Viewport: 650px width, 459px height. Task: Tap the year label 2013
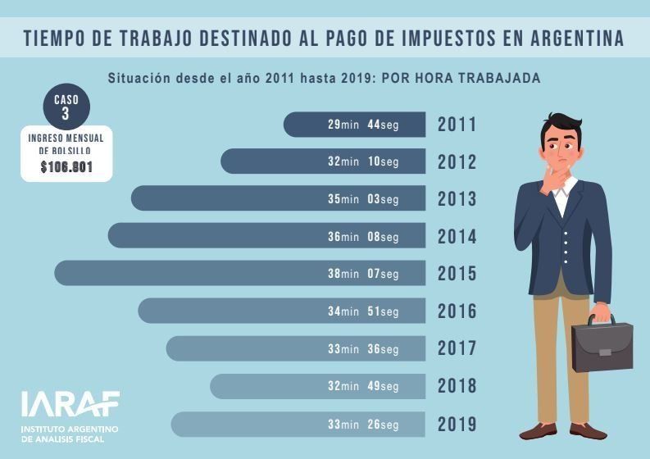pyautogui.click(x=457, y=199)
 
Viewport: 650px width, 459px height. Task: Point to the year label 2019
pyautogui.click(x=457, y=425)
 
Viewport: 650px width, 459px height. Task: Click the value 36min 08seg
pyautogui.click(x=363, y=237)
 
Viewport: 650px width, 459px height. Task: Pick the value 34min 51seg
pyautogui.click(x=363, y=311)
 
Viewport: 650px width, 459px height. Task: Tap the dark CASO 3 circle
pyautogui.click(x=66, y=109)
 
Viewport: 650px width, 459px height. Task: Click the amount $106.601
pyautogui.click(x=66, y=167)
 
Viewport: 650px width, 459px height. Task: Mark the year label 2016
pyautogui.click(x=457, y=311)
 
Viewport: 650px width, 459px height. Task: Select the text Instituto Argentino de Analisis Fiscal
pyautogui.click(x=70, y=434)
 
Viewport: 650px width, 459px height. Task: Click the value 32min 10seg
pyautogui.click(x=363, y=161)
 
